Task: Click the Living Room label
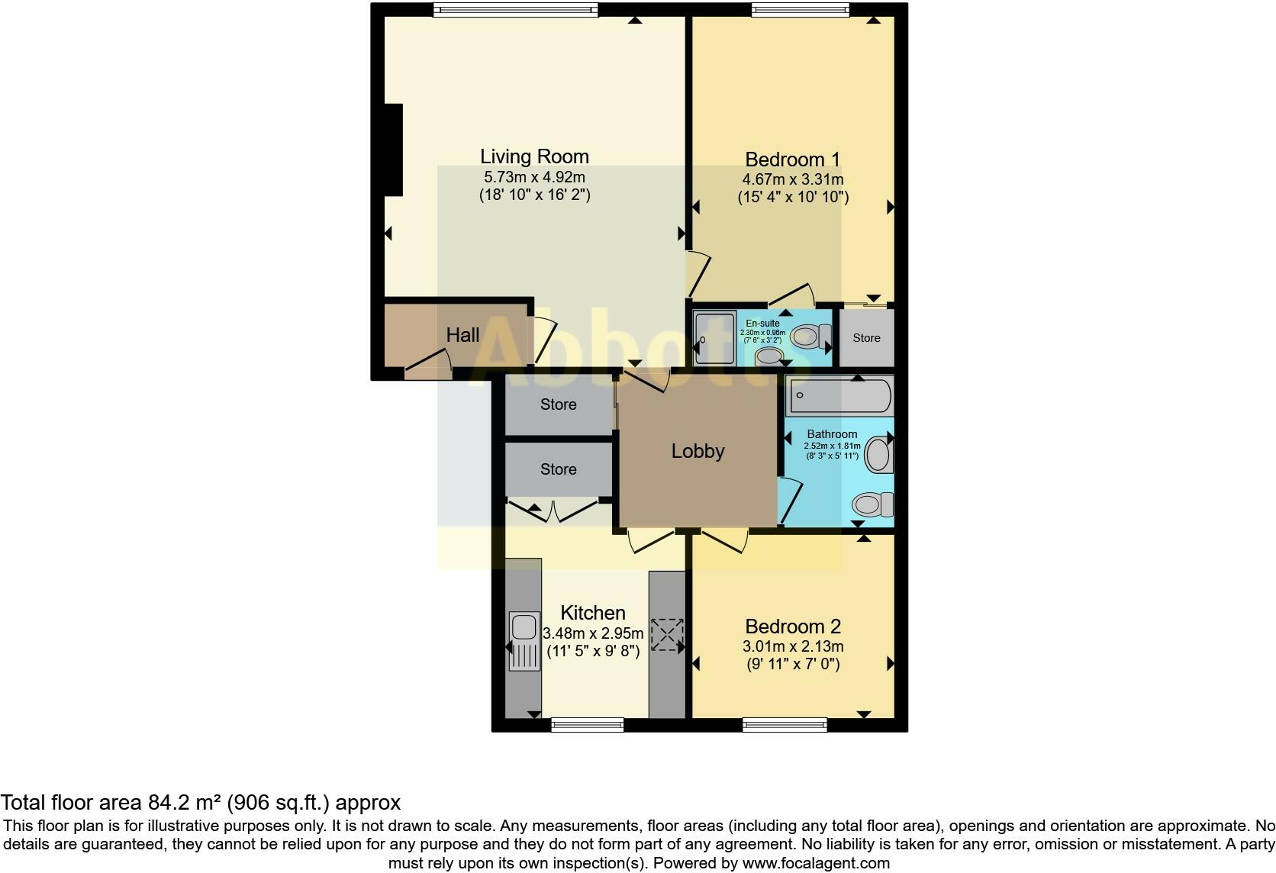click(x=534, y=156)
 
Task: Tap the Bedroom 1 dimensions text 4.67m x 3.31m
click(x=792, y=179)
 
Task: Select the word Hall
click(x=462, y=335)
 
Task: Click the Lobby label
click(x=698, y=451)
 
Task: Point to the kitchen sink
click(x=524, y=628)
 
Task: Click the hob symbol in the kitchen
click(x=666, y=634)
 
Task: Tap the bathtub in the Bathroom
click(x=839, y=395)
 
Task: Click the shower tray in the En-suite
click(x=714, y=338)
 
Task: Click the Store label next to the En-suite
click(x=866, y=337)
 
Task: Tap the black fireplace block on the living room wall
click(x=393, y=150)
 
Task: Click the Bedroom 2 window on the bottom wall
click(x=785, y=724)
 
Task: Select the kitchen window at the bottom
click(x=588, y=724)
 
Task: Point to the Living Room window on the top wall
click(x=515, y=9)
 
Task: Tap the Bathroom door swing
click(x=791, y=500)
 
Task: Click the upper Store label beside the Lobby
click(x=558, y=404)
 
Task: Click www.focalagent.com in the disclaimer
click(x=816, y=864)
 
